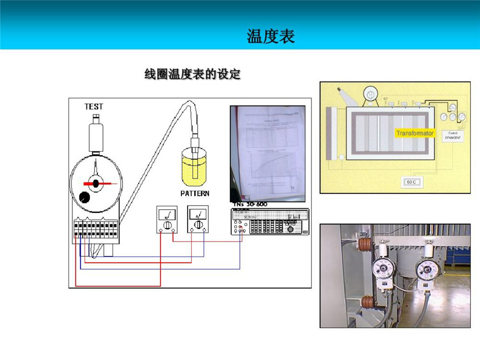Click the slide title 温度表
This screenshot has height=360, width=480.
click(270, 36)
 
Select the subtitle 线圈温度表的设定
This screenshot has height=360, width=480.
click(192, 74)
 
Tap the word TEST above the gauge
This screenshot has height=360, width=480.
click(94, 107)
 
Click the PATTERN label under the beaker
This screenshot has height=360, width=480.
click(194, 193)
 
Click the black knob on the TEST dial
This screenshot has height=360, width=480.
click(85, 197)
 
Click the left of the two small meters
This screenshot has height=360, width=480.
click(167, 219)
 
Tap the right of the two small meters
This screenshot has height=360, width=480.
click(197, 219)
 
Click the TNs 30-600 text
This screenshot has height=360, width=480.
click(250, 204)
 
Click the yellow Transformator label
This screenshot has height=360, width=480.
click(415, 133)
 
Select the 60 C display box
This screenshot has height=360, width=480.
click(411, 182)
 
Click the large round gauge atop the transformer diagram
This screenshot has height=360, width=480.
click(371, 92)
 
